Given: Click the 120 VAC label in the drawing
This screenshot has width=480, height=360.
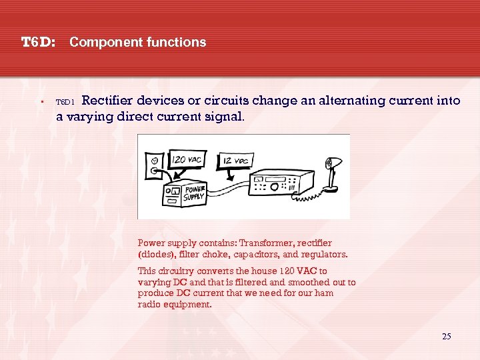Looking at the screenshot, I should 187,161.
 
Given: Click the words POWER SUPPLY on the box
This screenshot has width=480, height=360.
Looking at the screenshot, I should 195,193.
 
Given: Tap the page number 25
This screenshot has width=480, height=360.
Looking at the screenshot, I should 446,336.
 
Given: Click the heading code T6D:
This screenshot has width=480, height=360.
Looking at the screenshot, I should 37,43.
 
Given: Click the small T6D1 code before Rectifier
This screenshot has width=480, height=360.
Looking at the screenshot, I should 65,103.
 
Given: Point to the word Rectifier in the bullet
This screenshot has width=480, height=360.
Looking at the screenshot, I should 108,101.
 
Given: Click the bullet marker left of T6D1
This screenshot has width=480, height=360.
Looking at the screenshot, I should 41,102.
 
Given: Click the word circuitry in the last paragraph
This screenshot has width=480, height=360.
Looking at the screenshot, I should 176,271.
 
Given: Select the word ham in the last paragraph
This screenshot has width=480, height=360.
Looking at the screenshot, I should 325,293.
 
